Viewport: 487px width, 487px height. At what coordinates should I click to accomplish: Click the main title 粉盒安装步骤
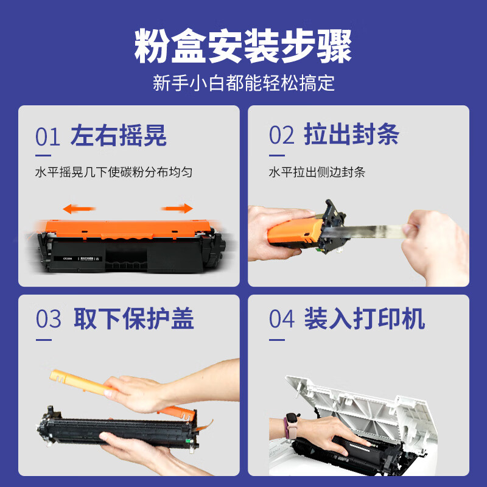(243, 46)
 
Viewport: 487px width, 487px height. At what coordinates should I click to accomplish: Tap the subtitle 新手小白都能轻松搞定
(243, 83)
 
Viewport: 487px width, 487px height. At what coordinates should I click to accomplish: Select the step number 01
(47, 136)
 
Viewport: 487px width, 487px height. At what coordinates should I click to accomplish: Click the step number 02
(281, 135)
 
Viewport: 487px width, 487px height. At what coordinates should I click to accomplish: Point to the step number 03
(49, 318)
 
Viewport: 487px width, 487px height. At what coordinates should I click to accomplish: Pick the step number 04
(282, 318)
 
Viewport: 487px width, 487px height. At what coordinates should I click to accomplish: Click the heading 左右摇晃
(118, 135)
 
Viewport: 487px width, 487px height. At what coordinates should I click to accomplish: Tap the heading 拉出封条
(352, 134)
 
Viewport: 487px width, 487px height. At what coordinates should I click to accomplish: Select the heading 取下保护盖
(134, 318)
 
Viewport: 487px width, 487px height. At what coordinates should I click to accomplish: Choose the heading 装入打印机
(365, 318)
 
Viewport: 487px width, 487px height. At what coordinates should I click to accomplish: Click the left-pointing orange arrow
(79, 209)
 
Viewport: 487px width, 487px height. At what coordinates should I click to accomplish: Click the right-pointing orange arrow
(177, 208)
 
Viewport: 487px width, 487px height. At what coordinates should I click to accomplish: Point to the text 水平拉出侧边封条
(317, 172)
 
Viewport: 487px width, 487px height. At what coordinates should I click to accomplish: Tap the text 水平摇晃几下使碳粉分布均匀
(114, 172)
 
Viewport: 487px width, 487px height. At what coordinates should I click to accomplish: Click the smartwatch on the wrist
(292, 426)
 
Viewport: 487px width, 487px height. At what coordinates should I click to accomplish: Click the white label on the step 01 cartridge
(78, 258)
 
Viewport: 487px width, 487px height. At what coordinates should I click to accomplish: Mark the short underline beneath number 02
(277, 155)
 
